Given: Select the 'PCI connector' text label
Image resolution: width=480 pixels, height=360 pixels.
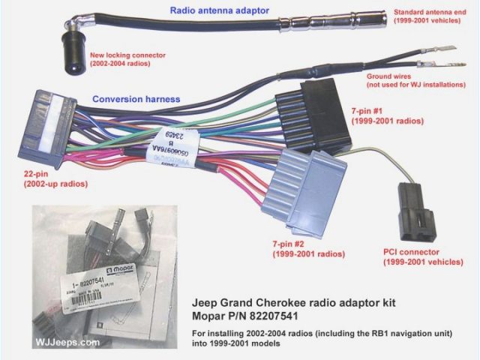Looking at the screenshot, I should [x=411, y=253].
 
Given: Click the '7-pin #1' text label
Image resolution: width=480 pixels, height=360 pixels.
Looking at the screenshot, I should [x=377, y=110].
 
